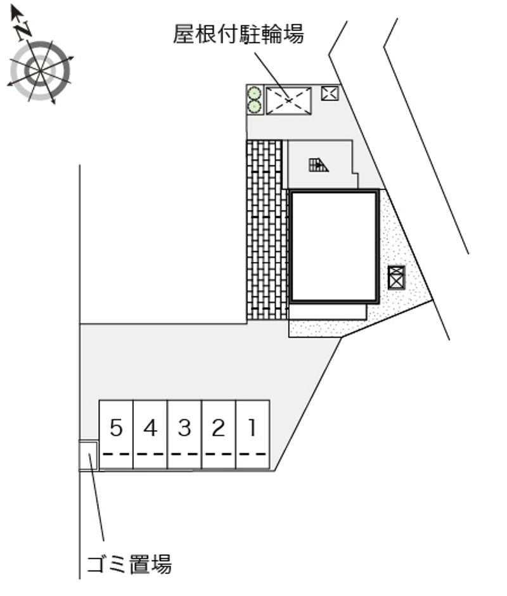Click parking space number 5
(x=116, y=434)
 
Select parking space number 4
(x=150, y=434)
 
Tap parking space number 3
(x=184, y=434)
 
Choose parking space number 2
(x=219, y=434)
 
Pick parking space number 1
(x=253, y=434)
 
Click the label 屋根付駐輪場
(x=238, y=34)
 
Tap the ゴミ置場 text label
(x=129, y=563)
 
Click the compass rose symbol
(x=39, y=70)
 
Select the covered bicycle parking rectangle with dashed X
(x=288, y=101)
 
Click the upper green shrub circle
(x=254, y=93)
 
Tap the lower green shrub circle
(x=254, y=106)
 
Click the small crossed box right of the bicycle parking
(x=330, y=93)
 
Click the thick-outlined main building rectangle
(x=334, y=246)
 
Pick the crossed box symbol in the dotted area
(x=396, y=277)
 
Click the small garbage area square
(x=87, y=455)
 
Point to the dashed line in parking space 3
(x=184, y=454)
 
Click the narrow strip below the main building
(x=328, y=312)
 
